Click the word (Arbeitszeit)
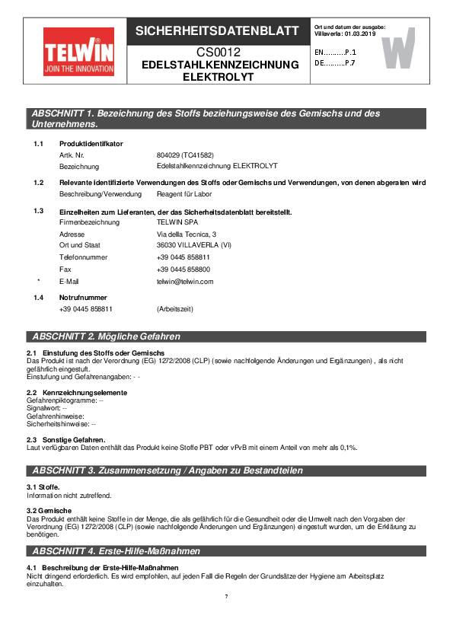175,309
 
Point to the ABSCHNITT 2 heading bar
226,336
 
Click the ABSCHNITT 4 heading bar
226,550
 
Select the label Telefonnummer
83,258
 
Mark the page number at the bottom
226,596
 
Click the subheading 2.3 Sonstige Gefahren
66,439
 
